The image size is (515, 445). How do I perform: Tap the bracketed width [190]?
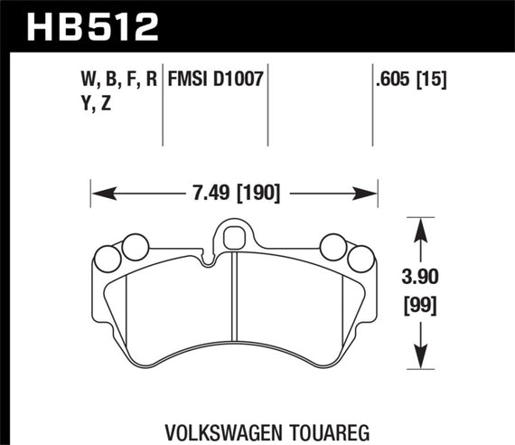tap(258, 192)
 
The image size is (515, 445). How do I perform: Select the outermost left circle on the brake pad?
tap(108, 258)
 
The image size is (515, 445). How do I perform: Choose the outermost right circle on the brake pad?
tap(360, 258)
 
